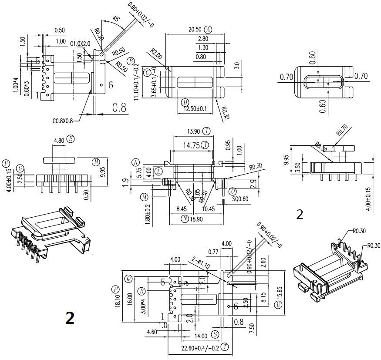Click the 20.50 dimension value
point(194,30)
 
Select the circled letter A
point(208,30)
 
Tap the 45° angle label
point(116,19)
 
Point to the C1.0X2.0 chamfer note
point(81,44)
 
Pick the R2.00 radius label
point(156,56)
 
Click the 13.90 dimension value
point(193,131)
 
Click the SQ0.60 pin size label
point(239,199)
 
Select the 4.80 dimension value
point(59,140)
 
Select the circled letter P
point(115,289)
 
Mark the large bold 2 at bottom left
point(70,317)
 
